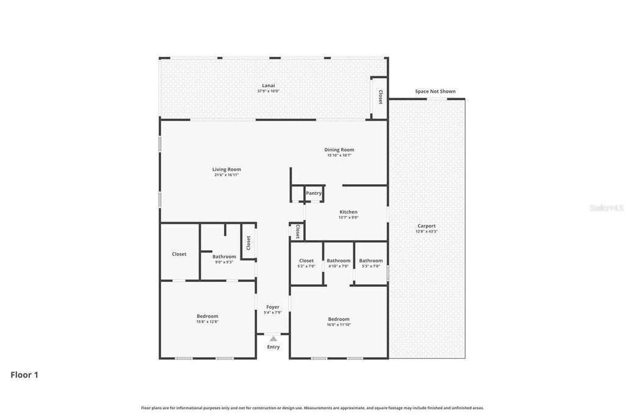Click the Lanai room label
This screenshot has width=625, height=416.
tap(268, 85)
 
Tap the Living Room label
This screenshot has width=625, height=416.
tap(226, 170)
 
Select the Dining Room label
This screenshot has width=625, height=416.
tap(339, 150)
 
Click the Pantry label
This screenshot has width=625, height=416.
tap(314, 193)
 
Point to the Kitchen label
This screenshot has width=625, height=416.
tap(349, 212)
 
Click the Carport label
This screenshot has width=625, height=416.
tap(427, 226)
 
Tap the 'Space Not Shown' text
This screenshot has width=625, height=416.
tap(435, 91)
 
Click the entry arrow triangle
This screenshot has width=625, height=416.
tap(273, 339)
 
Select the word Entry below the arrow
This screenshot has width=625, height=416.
tap(273, 347)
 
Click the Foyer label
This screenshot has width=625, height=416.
tap(273, 307)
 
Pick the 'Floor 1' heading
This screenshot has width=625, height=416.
tap(24, 375)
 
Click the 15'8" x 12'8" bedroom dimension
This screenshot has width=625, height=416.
tap(208, 321)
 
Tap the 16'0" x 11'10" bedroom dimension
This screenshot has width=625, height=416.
tap(339, 325)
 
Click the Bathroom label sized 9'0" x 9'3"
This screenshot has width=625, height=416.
tap(224, 257)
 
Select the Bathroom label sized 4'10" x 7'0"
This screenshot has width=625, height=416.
tap(338, 261)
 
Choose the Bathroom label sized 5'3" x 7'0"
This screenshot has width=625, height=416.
tap(370, 261)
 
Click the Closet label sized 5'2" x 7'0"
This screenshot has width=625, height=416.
tap(306, 261)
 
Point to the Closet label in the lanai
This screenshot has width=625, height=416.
tap(380, 97)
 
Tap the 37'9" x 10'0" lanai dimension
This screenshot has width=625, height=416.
tap(268, 91)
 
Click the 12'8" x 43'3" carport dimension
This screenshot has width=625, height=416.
tap(427, 231)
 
